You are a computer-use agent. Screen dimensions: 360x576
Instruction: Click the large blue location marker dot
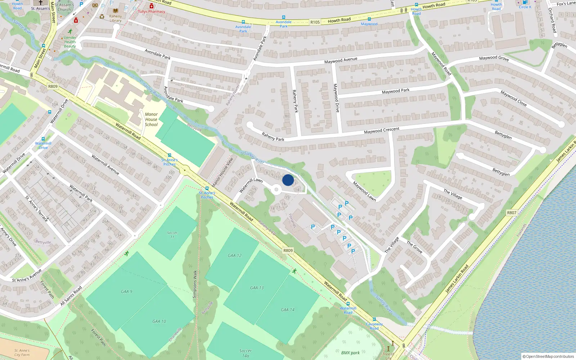click(288, 180)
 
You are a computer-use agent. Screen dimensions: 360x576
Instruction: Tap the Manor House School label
click(151, 120)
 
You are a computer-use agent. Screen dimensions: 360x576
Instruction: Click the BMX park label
click(350, 353)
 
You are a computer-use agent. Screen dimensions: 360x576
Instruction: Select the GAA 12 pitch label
click(235, 256)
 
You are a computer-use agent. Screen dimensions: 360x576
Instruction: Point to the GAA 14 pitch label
click(288, 310)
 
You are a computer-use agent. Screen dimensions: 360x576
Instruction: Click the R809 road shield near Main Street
click(53, 86)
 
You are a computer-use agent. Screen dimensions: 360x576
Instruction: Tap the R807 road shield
click(512, 213)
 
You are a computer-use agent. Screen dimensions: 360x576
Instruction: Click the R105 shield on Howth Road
click(315, 22)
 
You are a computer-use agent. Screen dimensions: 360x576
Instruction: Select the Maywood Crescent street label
click(382, 130)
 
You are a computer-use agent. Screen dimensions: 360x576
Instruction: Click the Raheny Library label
click(116, 18)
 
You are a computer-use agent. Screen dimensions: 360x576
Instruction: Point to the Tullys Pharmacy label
click(152, 12)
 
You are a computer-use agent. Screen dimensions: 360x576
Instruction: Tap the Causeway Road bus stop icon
click(374, 319)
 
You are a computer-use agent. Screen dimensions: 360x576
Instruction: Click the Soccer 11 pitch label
click(172, 235)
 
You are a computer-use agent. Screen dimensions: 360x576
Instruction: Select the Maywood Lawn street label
click(364, 191)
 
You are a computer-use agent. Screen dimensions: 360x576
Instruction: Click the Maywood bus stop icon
click(369, 19)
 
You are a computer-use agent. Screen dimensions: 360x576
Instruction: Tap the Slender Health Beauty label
click(70, 42)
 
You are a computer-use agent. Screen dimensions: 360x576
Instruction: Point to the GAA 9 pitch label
click(126, 292)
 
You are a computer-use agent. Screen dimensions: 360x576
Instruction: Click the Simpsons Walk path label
click(195, 284)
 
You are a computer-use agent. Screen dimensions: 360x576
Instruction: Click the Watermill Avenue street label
click(105, 165)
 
